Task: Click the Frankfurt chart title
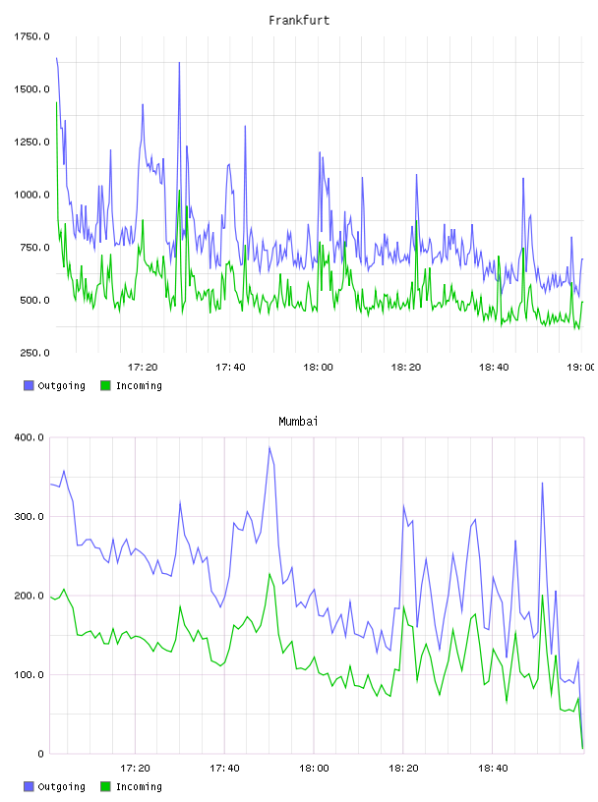(x=299, y=21)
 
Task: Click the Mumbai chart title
(x=298, y=422)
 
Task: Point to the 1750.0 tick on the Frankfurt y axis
(x=31, y=36)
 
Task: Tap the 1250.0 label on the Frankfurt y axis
(x=31, y=142)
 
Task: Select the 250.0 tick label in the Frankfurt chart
(x=34, y=353)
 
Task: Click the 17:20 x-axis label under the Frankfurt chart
(x=143, y=367)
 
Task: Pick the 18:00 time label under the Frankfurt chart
(x=318, y=367)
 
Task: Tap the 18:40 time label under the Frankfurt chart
(x=494, y=367)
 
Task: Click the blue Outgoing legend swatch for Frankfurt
(x=29, y=385)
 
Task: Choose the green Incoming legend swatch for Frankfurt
(x=105, y=385)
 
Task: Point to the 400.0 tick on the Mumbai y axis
(x=30, y=437)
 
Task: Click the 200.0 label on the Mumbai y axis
(x=30, y=596)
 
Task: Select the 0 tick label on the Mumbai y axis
(x=41, y=754)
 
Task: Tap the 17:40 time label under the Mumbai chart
(x=224, y=768)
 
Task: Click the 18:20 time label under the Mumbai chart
(x=403, y=768)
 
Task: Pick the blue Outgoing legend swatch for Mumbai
(x=29, y=786)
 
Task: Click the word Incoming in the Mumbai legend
(x=139, y=786)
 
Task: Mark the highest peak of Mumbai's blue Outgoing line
(x=269, y=447)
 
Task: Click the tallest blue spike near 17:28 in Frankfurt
(x=179, y=63)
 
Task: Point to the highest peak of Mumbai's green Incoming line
(x=269, y=574)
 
